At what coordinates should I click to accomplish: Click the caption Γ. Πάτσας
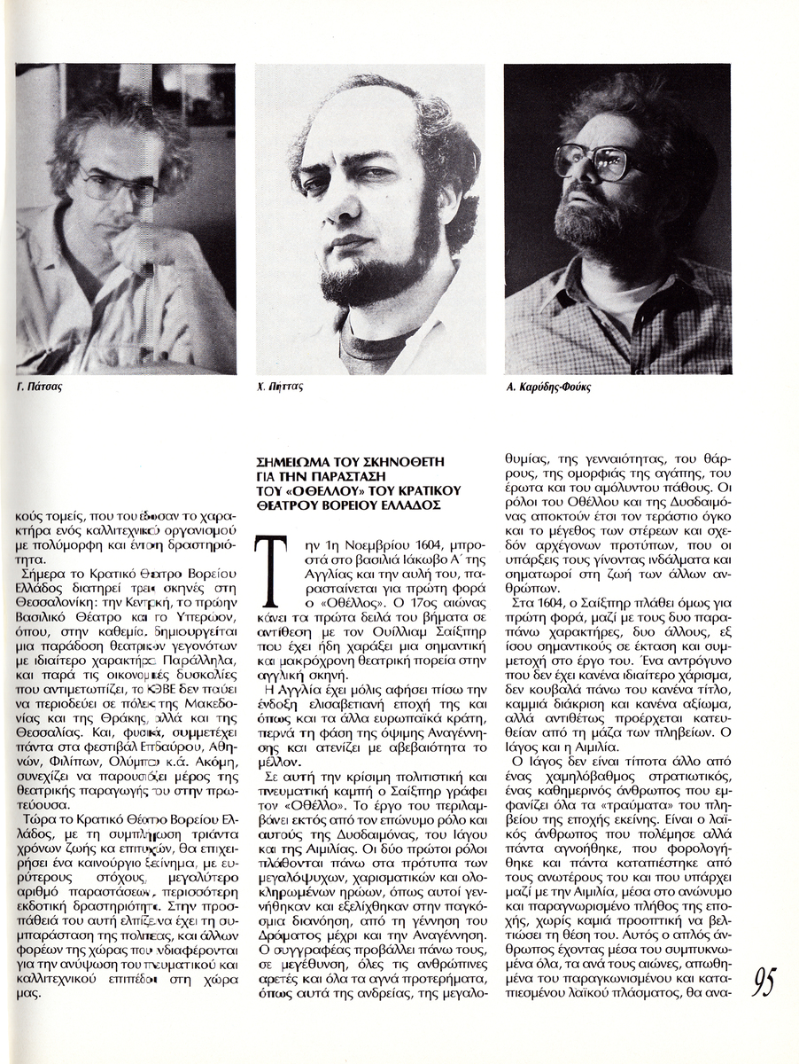[43, 387]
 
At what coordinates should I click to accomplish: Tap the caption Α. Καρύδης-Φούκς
[549, 387]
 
